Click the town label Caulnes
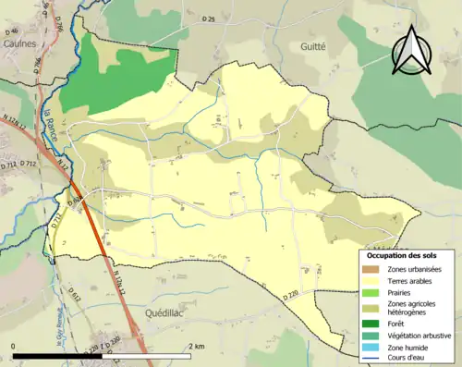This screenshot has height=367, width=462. point(18,43)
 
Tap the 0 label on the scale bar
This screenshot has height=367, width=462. point(13,346)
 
